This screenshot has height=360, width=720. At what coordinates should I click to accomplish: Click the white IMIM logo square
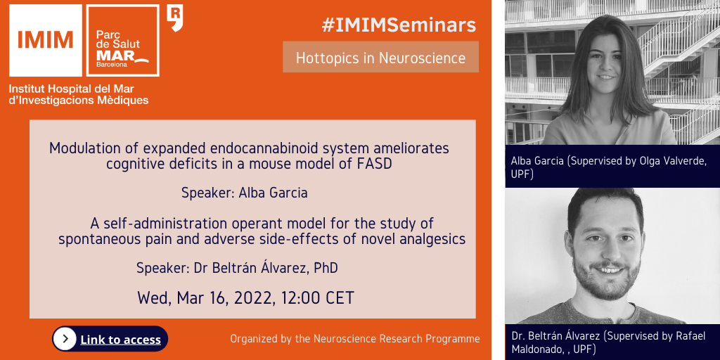tap(46, 40)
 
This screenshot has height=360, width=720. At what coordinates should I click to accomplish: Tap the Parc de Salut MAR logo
tap(122, 40)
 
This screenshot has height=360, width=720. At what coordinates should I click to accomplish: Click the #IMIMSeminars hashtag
tap(399, 25)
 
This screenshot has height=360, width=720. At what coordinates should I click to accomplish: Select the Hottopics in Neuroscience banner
tap(380, 58)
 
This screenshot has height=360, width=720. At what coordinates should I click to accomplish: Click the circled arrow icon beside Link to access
tap(65, 339)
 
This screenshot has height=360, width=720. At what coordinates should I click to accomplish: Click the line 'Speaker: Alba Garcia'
tap(244, 193)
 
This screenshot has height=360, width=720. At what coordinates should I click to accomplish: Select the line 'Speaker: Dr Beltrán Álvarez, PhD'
tap(237, 268)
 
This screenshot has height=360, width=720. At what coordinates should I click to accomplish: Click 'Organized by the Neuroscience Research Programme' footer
tap(355, 340)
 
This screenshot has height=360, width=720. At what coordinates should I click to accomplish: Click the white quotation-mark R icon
tap(174, 18)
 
